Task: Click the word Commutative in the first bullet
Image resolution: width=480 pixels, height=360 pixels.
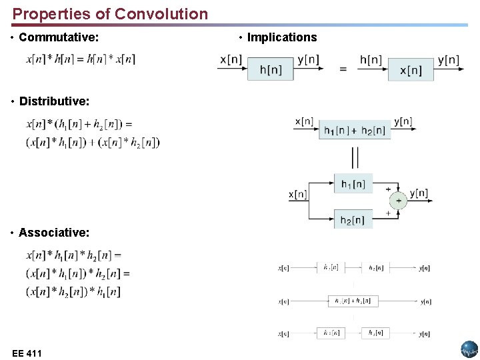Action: [x=59, y=37]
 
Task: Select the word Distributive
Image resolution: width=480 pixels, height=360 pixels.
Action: [x=54, y=101]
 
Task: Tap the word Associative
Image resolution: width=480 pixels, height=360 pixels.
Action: [x=54, y=233]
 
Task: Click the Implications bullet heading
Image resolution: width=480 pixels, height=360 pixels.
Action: [x=282, y=37]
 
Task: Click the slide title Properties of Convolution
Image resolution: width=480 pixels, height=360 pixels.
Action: [x=110, y=13]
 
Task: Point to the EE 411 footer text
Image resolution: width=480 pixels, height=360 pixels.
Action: [x=27, y=353]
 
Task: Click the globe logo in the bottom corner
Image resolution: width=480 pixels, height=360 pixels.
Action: [x=469, y=349]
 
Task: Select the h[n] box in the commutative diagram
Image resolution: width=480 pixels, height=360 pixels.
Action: [x=270, y=69]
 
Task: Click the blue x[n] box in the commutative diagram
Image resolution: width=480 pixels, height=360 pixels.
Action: [x=411, y=69]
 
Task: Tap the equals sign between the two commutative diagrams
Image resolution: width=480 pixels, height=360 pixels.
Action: [x=343, y=69]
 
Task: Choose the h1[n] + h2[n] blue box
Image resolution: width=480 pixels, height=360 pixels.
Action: [x=356, y=130]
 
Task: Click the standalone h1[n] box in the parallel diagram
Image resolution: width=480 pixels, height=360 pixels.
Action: [x=353, y=183]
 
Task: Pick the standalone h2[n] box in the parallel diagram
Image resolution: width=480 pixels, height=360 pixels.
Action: [x=353, y=219]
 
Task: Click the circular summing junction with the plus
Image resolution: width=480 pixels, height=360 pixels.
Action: [x=398, y=201]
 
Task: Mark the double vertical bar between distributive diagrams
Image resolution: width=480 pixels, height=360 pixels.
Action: [x=355, y=157]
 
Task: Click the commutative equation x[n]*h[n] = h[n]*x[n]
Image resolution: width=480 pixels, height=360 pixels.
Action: [x=81, y=59]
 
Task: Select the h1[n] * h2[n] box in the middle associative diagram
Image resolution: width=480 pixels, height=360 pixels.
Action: [x=353, y=301]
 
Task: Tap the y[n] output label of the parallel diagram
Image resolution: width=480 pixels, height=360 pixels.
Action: [x=419, y=193]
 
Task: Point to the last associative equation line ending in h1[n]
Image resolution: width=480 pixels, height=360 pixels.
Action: [x=73, y=291]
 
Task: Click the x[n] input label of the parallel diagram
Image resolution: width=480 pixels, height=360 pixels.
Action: [x=297, y=195]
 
